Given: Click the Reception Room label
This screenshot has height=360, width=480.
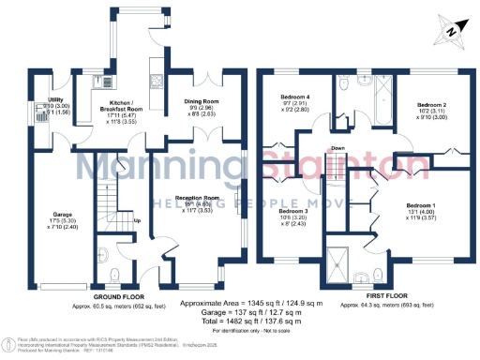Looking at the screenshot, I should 199,198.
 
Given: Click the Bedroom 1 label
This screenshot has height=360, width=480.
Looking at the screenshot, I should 421,205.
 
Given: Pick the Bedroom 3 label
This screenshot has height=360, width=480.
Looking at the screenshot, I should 292,212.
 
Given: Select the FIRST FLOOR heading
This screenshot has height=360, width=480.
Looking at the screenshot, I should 385,297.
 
